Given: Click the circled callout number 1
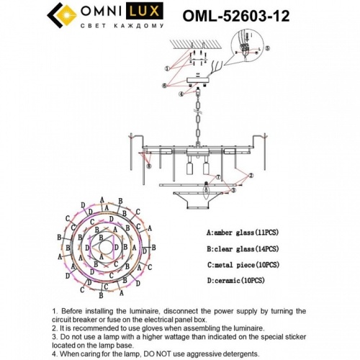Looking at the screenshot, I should click(167, 68).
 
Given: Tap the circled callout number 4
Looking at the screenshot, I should click(181, 93).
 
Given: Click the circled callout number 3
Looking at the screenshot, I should click(233, 192).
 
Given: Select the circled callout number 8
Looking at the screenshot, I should click(149, 165).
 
